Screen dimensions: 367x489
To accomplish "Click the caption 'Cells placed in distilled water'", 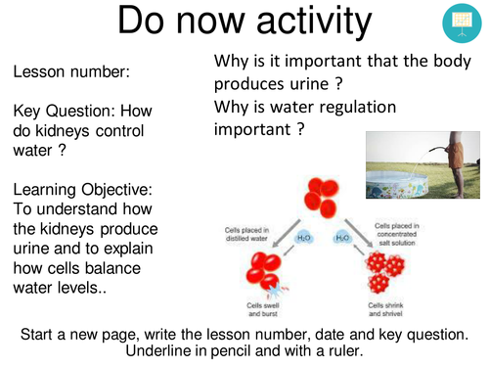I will (239, 236).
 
